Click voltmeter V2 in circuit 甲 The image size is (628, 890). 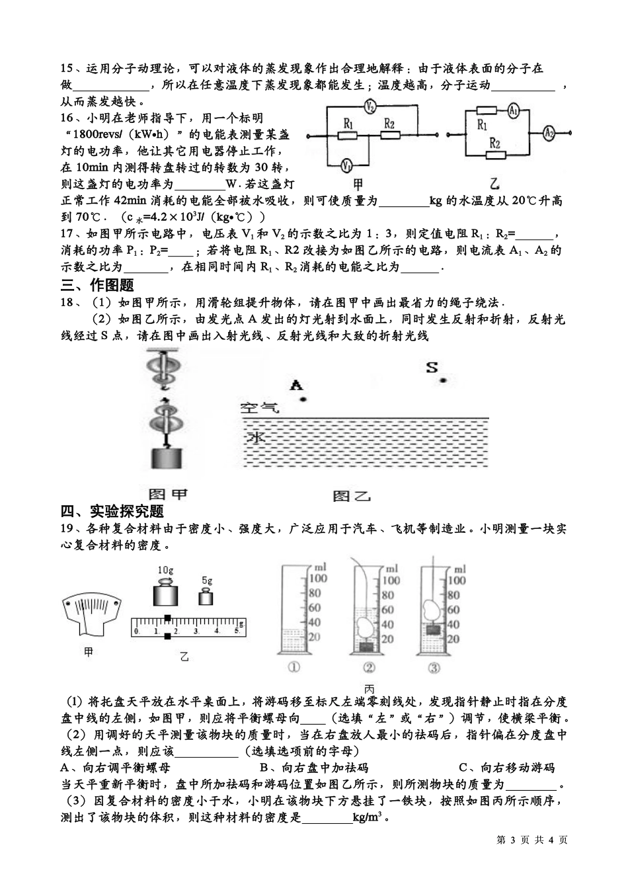(371, 106)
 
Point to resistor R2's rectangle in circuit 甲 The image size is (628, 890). (390, 134)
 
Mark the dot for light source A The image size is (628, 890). (302, 399)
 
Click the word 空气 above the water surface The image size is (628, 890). (260, 408)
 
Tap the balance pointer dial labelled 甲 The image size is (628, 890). (92, 612)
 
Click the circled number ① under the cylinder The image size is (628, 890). (294, 668)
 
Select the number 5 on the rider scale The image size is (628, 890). (237, 631)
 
